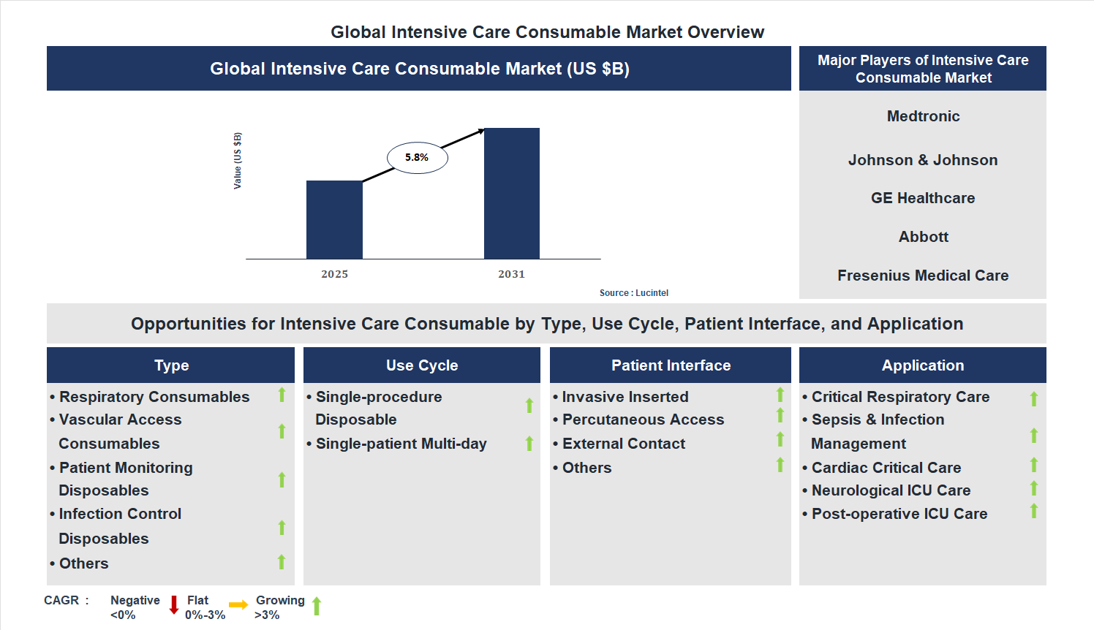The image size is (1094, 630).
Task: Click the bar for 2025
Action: click(334, 219)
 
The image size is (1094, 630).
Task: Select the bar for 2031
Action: click(512, 194)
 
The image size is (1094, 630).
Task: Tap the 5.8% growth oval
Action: click(417, 158)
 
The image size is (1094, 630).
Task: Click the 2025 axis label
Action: click(334, 274)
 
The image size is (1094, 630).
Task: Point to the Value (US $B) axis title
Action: click(238, 161)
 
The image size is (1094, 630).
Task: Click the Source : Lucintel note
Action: click(633, 293)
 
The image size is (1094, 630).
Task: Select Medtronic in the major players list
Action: click(923, 116)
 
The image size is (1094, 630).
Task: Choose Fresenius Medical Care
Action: click(923, 276)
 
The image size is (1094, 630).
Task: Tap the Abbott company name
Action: click(923, 237)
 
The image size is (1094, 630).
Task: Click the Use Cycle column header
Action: click(422, 365)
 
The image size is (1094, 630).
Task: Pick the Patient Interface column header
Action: click(671, 365)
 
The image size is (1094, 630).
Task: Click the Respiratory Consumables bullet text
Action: click(154, 397)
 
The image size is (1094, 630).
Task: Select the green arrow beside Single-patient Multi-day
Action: click(529, 444)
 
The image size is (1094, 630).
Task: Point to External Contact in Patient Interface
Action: click(624, 444)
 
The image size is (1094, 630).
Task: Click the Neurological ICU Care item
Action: click(891, 490)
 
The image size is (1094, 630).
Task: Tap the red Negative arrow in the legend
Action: click(174, 605)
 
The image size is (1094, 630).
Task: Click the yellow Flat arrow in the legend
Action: click(238, 605)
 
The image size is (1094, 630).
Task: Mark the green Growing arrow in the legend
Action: click(317, 606)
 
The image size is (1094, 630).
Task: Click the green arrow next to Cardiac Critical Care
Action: click(1034, 465)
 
